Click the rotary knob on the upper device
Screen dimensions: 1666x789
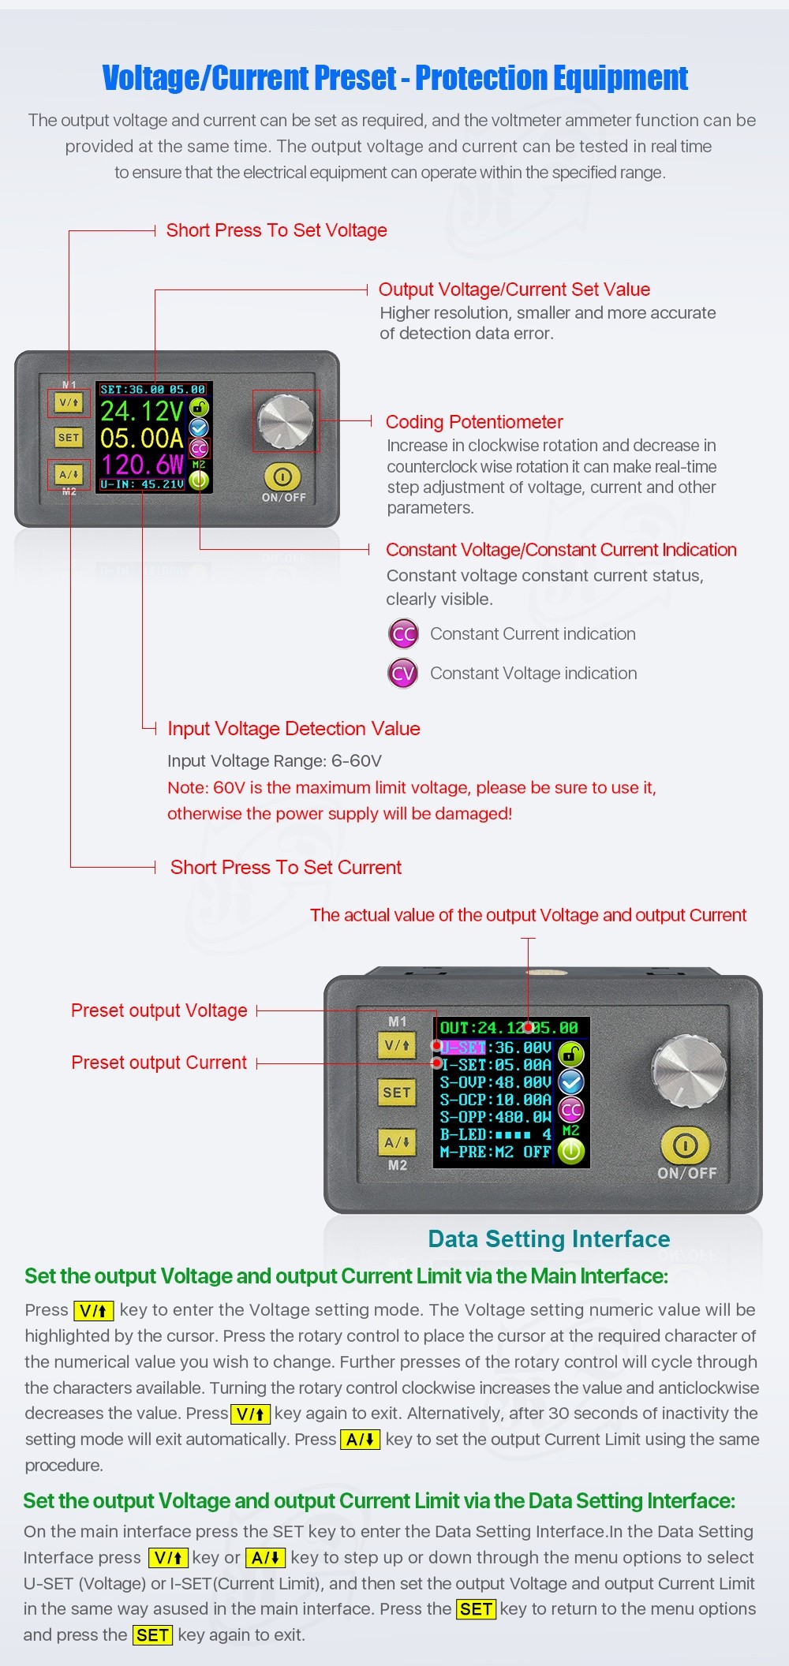pos(286,420)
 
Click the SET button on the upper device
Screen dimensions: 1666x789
pos(69,437)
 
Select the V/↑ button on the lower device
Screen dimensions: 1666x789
pos(396,1046)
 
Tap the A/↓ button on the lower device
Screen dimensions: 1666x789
pos(396,1142)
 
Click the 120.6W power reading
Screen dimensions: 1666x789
pos(142,464)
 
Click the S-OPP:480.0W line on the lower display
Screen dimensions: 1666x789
pos(495,1117)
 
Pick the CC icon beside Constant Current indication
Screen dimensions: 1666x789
pos(403,634)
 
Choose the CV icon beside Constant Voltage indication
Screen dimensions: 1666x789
pos(403,674)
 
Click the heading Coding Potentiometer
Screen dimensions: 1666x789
pos(474,422)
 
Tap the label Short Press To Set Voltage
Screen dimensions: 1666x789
pos(276,230)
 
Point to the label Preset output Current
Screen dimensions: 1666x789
pos(159,1063)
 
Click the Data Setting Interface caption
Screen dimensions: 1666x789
pos(549,1238)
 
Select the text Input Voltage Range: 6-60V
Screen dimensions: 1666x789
pos(275,761)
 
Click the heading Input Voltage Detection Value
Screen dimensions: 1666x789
pos(294,729)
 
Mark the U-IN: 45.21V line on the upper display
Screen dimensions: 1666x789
pos(142,484)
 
